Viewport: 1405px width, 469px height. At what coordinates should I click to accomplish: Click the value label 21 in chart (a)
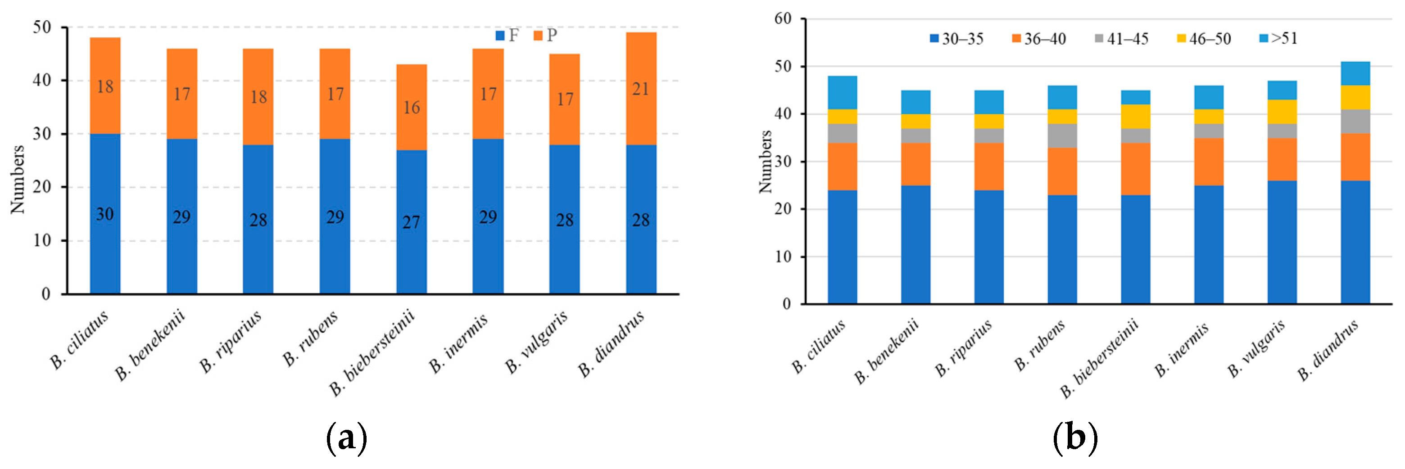[640, 89]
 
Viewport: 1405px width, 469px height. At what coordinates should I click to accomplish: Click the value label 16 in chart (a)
[411, 108]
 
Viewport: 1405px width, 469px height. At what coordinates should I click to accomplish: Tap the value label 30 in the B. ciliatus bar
[105, 214]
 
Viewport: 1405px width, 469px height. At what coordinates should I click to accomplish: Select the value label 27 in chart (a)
[411, 222]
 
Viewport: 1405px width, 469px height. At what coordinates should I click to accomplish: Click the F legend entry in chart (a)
[507, 36]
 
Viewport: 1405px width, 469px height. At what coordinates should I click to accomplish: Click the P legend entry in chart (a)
[545, 36]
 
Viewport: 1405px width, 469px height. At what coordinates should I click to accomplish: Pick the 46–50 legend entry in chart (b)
[1204, 39]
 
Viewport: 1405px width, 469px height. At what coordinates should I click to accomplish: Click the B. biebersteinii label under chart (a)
[372, 352]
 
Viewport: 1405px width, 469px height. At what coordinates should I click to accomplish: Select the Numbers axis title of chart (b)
[765, 162]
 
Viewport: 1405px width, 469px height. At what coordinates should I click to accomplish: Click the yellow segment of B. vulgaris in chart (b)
[1282, 112]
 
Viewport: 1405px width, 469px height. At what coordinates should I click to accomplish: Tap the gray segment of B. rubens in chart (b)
[1062, 136]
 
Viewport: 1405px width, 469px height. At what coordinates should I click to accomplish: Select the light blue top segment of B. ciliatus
[842, 93]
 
